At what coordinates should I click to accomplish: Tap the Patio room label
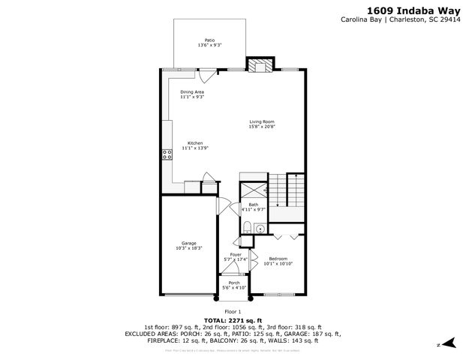pos(209,40)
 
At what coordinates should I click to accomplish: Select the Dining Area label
pos(192,91)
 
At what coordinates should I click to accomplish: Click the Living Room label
pos(263,121)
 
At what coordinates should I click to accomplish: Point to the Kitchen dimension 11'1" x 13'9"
pos(194,148)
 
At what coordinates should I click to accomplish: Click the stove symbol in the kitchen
pos(165,155)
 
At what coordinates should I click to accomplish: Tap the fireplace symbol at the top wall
pos(261,66)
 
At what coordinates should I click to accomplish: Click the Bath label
pos(254,205)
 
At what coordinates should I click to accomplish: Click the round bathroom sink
pos(260,229)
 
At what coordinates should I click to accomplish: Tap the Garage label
pos(188,242)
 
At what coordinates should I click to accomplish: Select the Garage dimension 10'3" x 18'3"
pos(188,247)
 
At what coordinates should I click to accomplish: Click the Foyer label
pos(235,255)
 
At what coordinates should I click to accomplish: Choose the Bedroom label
pos(278,258)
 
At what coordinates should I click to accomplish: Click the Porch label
pos(234,282)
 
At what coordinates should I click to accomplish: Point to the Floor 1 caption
pos(233,311)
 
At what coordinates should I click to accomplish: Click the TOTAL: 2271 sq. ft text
pos(233,320)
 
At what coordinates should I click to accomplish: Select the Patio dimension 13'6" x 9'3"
pos(209,46)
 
